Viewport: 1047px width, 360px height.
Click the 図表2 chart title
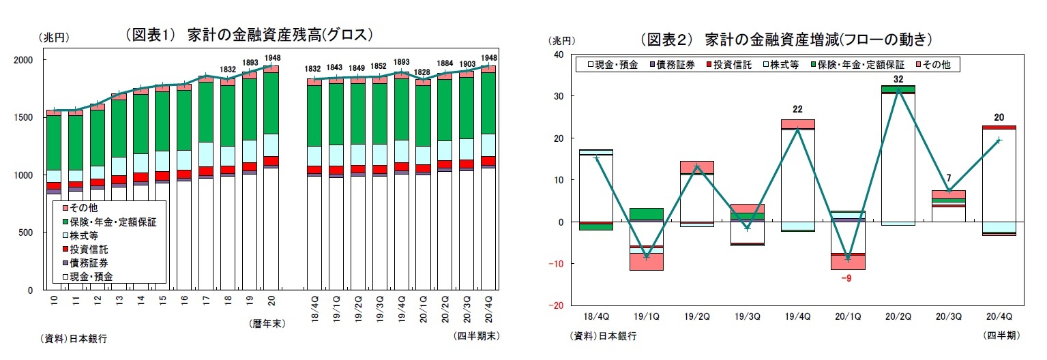pyautogui.click(x=785, y=39)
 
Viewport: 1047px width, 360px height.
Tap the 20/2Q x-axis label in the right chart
pyautogui.click(x=897, y=317)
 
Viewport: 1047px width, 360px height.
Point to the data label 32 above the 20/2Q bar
pyautogui.click(x=898, y=79)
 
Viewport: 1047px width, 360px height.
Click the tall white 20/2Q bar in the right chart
pyautogui.click(x=898, y=157)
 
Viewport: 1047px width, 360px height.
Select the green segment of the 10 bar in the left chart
pyautogui.click(x=54, y=142)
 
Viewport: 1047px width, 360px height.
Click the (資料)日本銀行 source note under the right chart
pyautogui.click(x=603, y=335)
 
